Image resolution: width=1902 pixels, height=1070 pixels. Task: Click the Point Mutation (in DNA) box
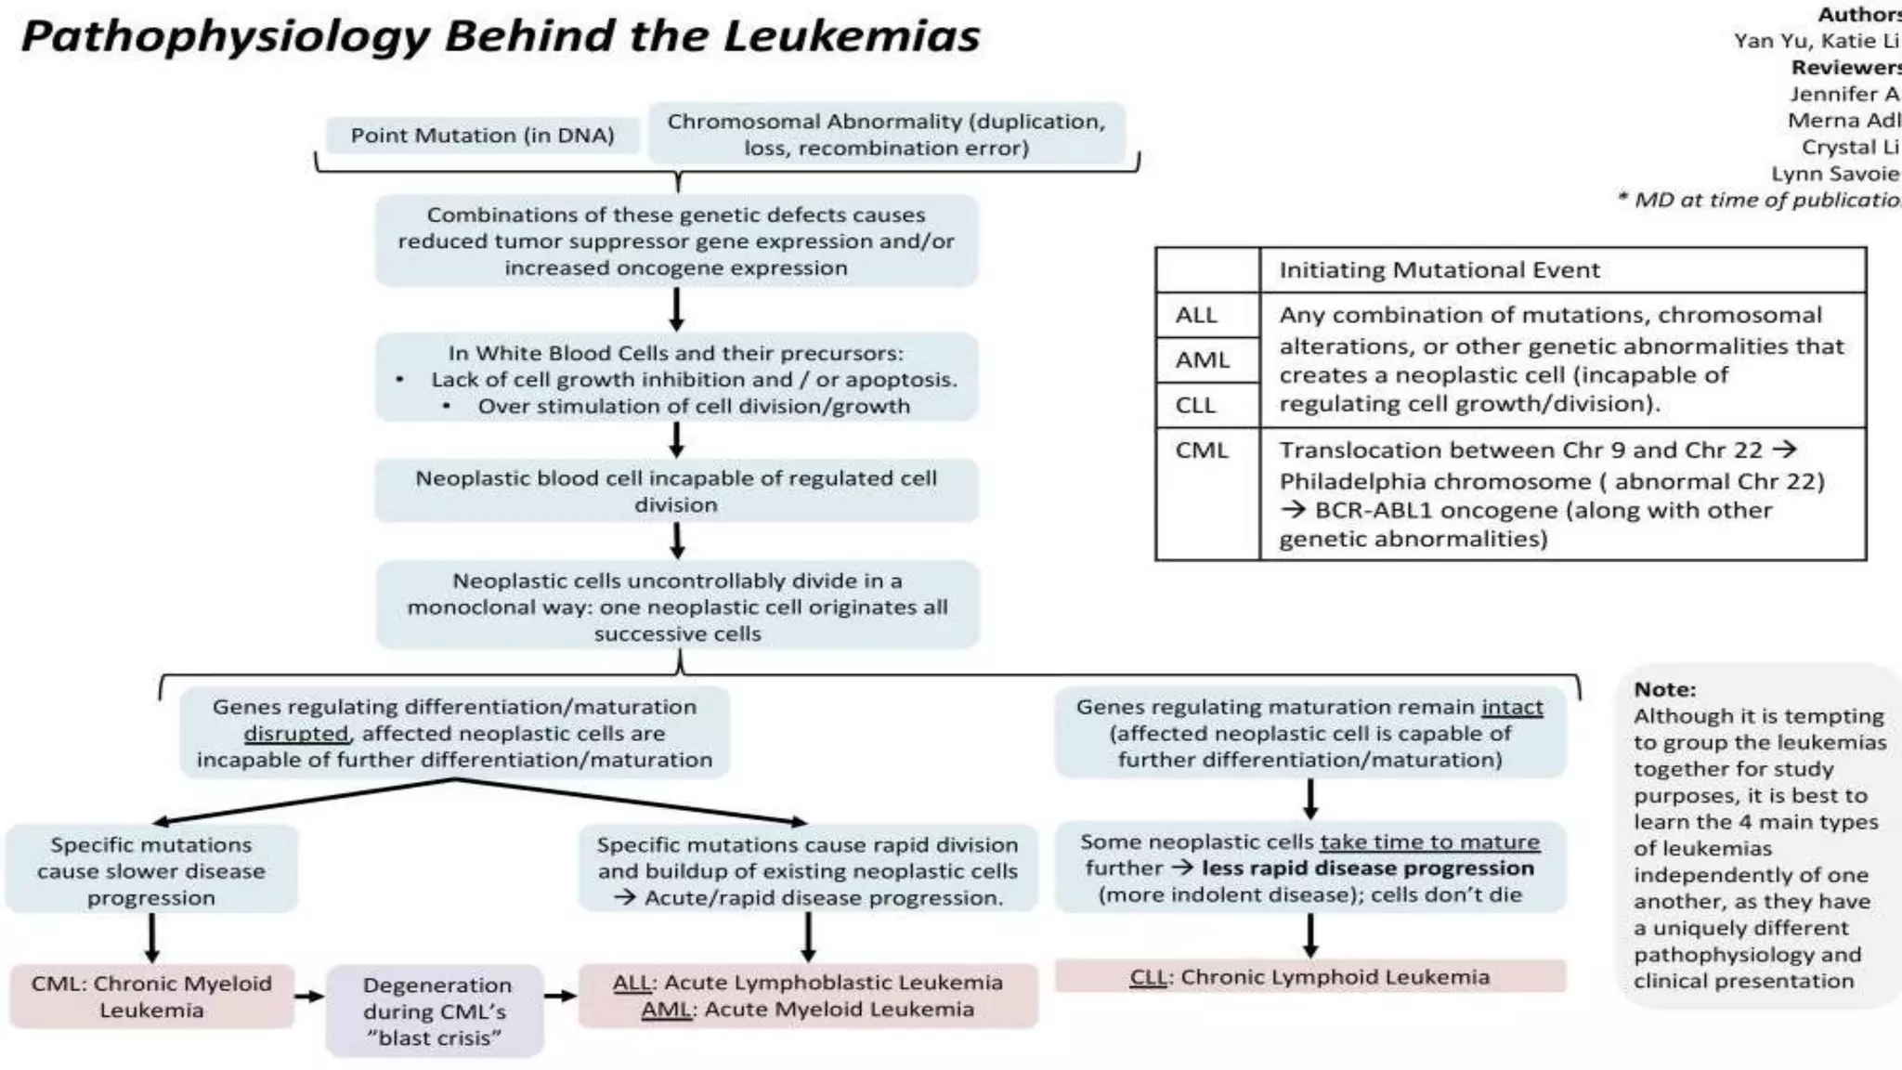pyautogui.click(x=482, y=136)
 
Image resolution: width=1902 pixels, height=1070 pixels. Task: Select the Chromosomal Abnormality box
pyautogui.click(x=886, y=135)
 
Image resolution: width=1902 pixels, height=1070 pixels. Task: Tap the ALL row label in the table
pyautogui.click(x=1196, y=315)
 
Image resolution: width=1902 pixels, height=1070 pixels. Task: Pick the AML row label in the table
pyautogui.click(x=1202, y=359)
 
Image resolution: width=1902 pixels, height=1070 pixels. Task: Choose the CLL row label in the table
pyautogui.click(x=1195, y=405)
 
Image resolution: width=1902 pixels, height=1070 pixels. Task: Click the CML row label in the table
pyautogui.click(x=1201, y=450)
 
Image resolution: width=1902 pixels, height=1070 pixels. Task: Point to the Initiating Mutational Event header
pyautogui.click(x=1440, y=270)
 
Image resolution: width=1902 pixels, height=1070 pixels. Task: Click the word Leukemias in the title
pyautogui.click(x=851, y=37)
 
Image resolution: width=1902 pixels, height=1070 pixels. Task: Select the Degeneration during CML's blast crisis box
pyautogui.click(x=435, y=1011)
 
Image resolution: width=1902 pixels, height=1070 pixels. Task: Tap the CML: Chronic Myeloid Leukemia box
pyautogui.click(x=151, y=996)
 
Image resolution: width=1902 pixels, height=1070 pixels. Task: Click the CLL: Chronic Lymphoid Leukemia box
pyautogui.click(x=1309, y=976)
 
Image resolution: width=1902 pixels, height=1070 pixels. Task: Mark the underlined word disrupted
pyautogui.click(x=296, y=734)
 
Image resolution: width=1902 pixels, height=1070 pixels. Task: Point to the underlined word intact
pyautogui.click(x=1512, y=707)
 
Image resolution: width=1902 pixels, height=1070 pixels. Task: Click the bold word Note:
pyautogui.click(x=1664, y=689)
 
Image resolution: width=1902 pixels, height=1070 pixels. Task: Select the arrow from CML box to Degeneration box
pyautogui.click(x=309, y=997)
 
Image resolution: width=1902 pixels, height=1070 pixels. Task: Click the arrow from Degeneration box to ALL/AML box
pyautogui.click(x=560, y=997)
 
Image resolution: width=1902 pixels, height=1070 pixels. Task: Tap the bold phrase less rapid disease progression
pyautogui.click(x=1367, y=868)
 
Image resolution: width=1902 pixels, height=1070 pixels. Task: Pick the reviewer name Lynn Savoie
pyautogui.click(x=1834, y=174)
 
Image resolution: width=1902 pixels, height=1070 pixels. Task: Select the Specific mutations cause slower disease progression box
pyautogui.click(x=151, y=870)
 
